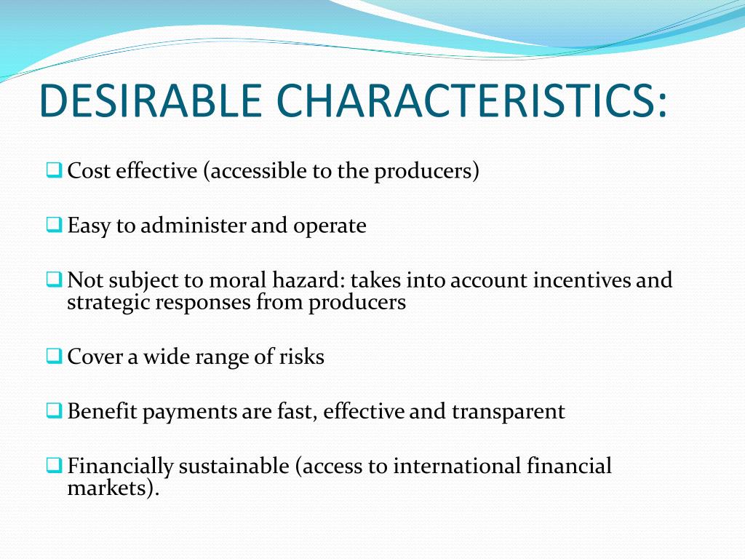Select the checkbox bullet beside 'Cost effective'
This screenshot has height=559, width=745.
pos(55,170)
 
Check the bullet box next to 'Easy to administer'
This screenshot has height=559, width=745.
pos(55,225)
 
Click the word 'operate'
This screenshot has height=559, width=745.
pos(330,226)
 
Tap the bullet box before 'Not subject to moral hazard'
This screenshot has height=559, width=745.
pos(55,279)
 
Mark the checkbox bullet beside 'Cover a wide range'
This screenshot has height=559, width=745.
pos(55,357)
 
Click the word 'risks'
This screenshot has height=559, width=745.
pos(302,357)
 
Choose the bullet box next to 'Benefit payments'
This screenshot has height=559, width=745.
pos(55,411)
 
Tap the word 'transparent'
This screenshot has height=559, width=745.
pos(508,412)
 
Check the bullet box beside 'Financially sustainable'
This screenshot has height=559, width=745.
pos(55,465)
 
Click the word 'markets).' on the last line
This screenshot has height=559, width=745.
pos(113,488)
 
